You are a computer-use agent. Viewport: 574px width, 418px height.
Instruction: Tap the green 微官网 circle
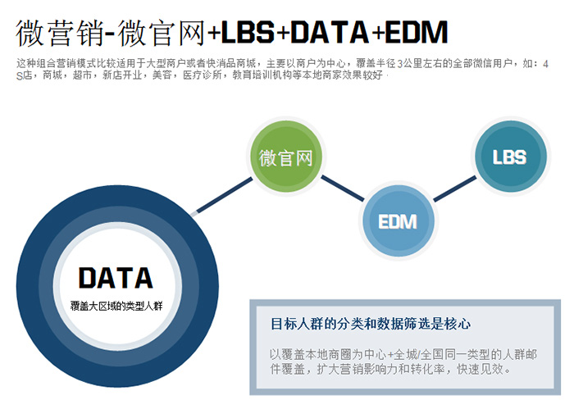pos(286,157)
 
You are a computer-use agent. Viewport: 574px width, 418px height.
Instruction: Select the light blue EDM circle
pos(398,220)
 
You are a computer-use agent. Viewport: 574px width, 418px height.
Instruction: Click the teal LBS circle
pos(509,156)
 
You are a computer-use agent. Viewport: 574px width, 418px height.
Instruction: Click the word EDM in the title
pos(417,33)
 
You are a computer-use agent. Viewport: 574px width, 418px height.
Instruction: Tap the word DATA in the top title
pos(332,33)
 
